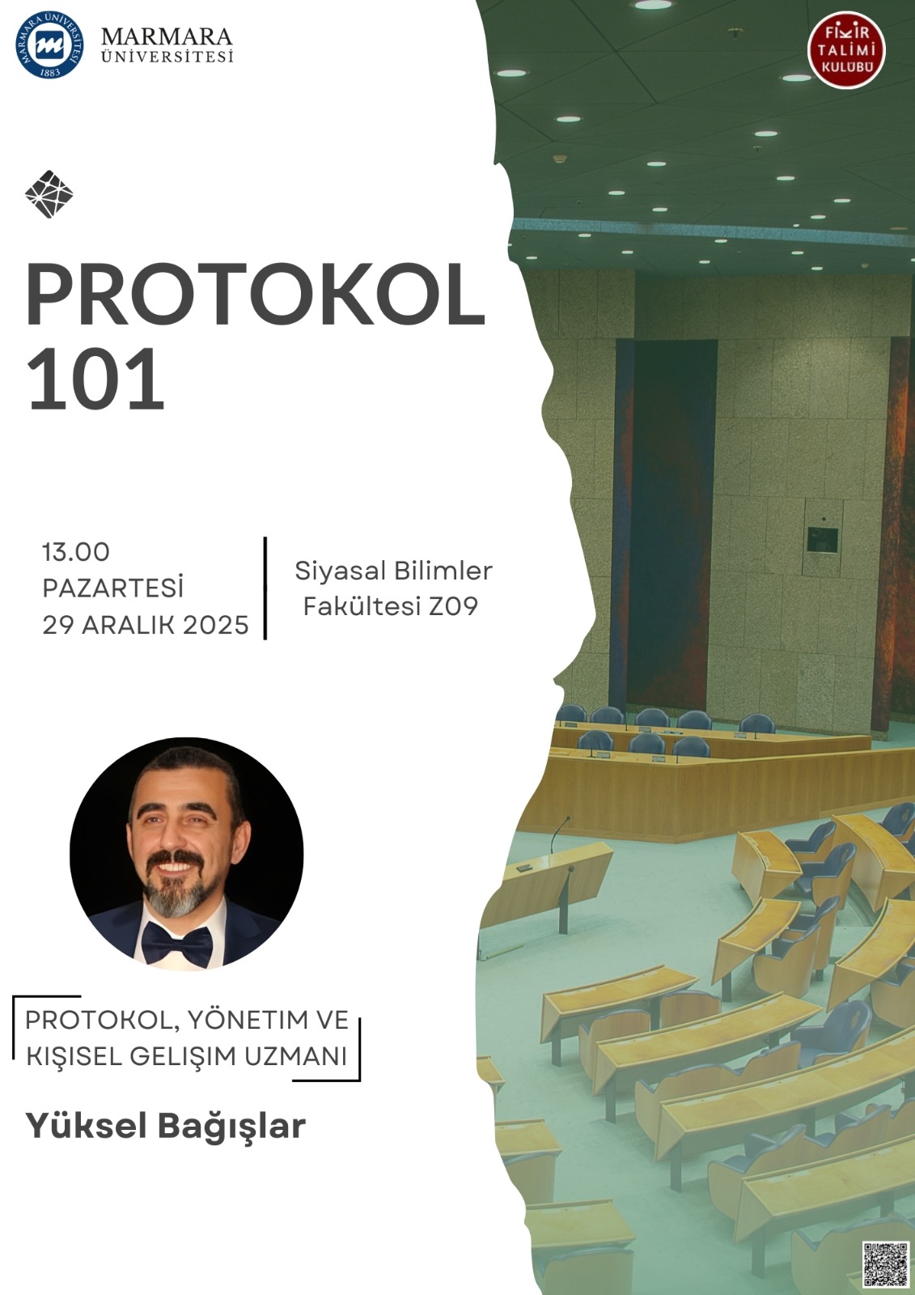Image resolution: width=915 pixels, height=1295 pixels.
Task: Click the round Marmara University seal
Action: [x=49, y=45]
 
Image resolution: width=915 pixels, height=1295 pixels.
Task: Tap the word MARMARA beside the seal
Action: [x=167, y=37]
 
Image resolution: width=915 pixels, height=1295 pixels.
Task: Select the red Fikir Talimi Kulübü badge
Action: [x=847, y=53]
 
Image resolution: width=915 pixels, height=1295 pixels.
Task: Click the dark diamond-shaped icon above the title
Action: [x=49, y=193]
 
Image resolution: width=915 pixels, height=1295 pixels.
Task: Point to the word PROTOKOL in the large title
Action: [x=255, y=295]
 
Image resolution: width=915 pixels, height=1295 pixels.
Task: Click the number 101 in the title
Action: [x=95, y=380]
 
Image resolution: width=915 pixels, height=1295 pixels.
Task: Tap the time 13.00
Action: [x=76, y=552]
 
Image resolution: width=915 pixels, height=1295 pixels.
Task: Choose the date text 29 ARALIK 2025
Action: [x=146, y=625]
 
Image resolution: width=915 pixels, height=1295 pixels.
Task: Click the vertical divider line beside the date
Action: [x=265, y=588]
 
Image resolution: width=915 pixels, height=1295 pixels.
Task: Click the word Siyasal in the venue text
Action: [x=341, y=571]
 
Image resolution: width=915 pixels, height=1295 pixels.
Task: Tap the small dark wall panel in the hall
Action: [x=823, y=540]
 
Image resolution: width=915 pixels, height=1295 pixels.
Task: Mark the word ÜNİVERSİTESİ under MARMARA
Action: [x=167, y=56]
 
